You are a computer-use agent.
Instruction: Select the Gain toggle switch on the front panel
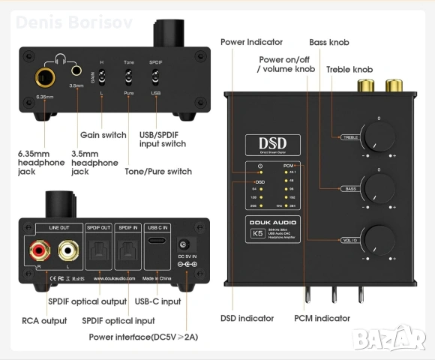tap(101, 77)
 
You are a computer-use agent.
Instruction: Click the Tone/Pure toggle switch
tap(129, 77)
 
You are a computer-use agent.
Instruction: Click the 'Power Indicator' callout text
tap(251, 42)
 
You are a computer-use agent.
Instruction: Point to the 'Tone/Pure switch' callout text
tap(158, 172)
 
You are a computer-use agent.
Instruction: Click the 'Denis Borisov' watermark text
tap(73, 22)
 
